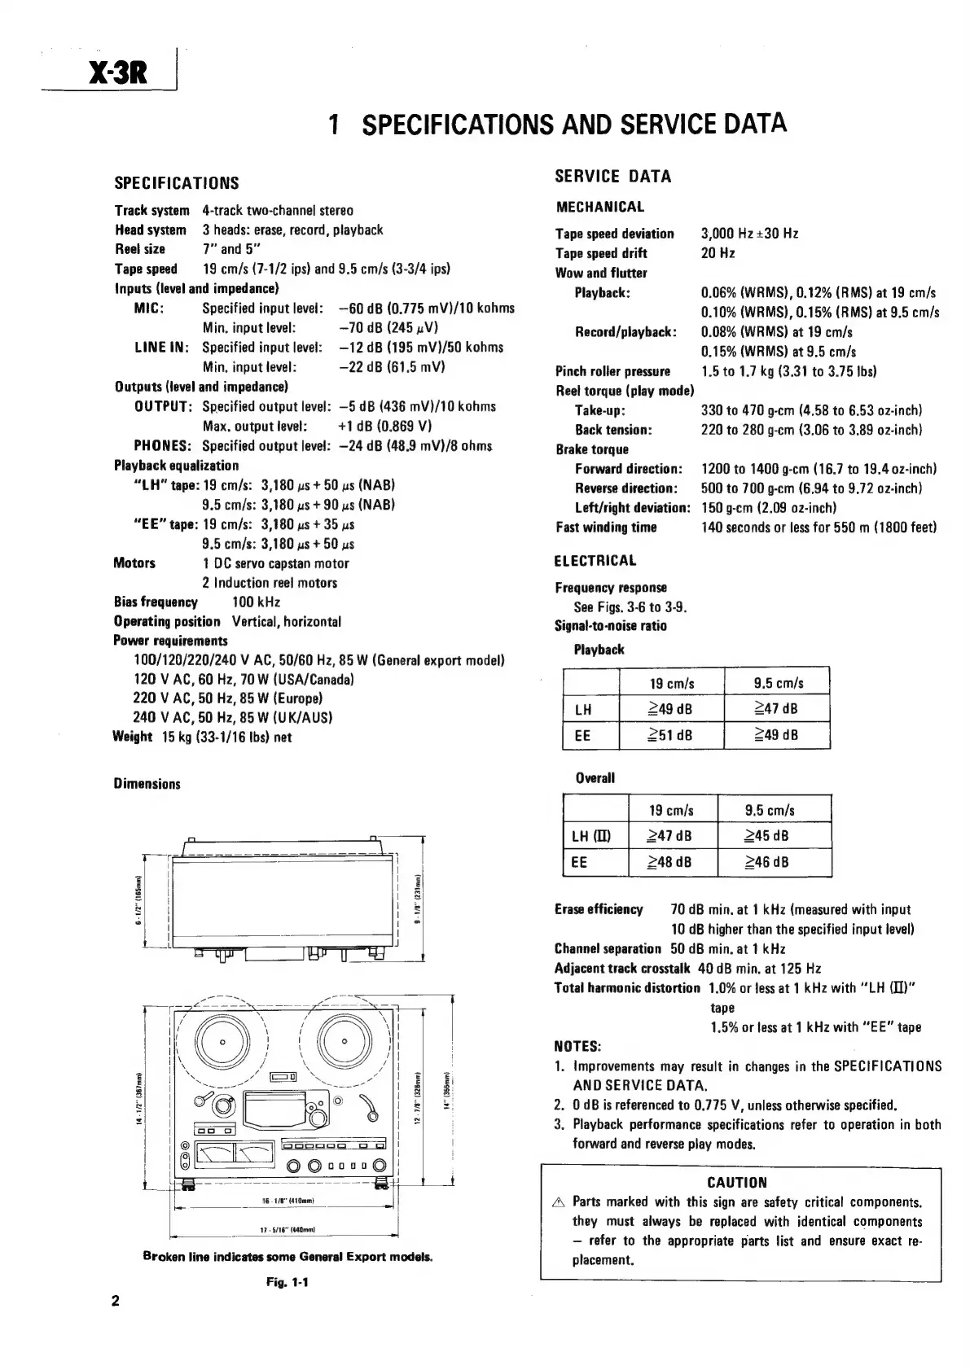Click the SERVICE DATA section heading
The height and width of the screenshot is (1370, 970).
[x=612, y=177]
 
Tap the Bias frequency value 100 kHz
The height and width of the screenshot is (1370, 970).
[x=256, y=602]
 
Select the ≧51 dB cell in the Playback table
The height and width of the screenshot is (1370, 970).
[x=670, y=735]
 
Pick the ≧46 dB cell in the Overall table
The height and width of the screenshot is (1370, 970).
[x=767, y=862]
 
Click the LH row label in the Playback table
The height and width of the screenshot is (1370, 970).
[x=583, y=709]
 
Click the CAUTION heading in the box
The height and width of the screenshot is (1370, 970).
[x=737, y=1183]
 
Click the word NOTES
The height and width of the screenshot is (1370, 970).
[x=577, y=1047]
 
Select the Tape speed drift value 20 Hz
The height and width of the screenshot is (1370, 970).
[x=718, y=253]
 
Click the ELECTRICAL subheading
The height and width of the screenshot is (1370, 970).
[x=595, y=561]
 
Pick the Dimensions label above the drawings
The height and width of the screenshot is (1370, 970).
[x=147, y=784]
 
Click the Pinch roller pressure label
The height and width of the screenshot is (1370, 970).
[x=612, y=371]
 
